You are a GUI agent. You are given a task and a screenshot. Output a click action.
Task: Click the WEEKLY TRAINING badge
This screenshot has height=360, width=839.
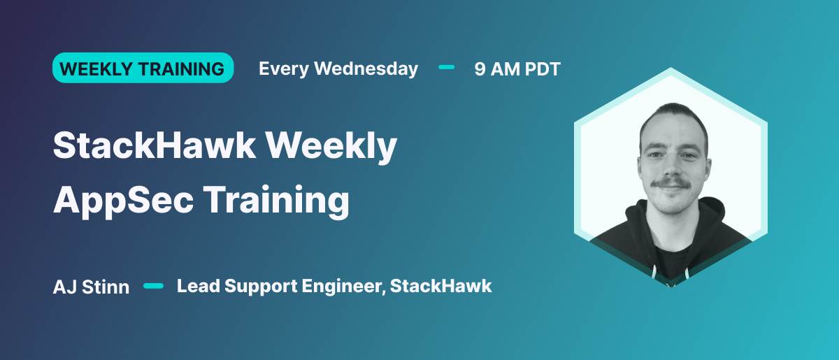coord(143,69)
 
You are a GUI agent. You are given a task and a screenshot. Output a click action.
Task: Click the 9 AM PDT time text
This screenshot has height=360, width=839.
coord(517,69)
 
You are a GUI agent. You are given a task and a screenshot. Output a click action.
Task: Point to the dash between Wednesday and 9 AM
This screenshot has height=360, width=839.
coord(446,68)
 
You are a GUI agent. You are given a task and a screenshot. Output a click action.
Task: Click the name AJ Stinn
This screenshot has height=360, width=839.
coord(91,287)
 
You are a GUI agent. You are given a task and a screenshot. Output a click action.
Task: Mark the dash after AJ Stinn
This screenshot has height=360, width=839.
coord(153,285)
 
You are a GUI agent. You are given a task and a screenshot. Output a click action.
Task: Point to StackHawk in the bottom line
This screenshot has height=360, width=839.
coord(441,286)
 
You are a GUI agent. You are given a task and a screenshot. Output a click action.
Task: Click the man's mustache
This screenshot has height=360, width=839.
coord(671,185)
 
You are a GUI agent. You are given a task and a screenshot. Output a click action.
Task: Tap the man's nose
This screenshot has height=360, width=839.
coord(671,166)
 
